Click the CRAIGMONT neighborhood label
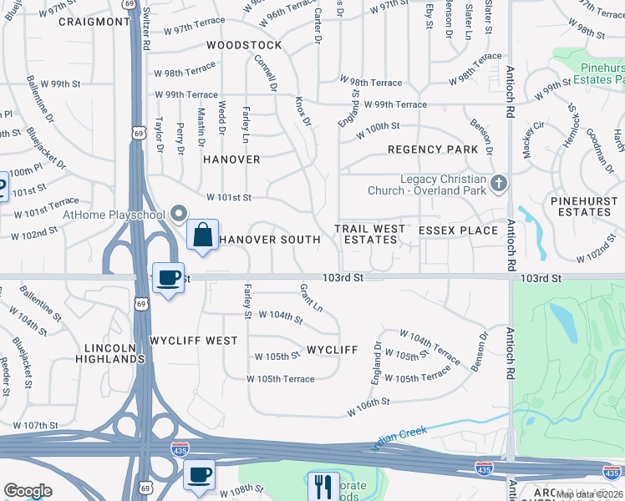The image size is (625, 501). [x=95, y=21]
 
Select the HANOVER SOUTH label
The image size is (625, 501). [x=270, y=240]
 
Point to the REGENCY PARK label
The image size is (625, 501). [x=433, y=149]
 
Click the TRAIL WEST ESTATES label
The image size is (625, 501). [x=370, y=234]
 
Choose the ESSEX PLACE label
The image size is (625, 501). [x=458, y=230]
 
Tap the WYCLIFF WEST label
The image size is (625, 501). [x=193, y=341]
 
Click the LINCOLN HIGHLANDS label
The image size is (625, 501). [x=114, y=352]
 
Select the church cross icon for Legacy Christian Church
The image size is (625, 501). [x=499, y=183]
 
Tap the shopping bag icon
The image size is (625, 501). [x=203, y=235]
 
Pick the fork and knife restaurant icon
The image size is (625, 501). [x=323, y=485]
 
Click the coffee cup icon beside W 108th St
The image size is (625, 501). [x=199, y=474]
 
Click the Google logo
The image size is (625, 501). [x=28, y=491]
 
